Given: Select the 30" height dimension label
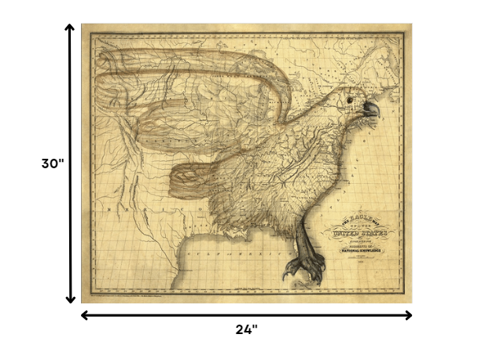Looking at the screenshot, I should tap(53, 163).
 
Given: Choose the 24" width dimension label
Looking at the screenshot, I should tap(246, 329).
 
